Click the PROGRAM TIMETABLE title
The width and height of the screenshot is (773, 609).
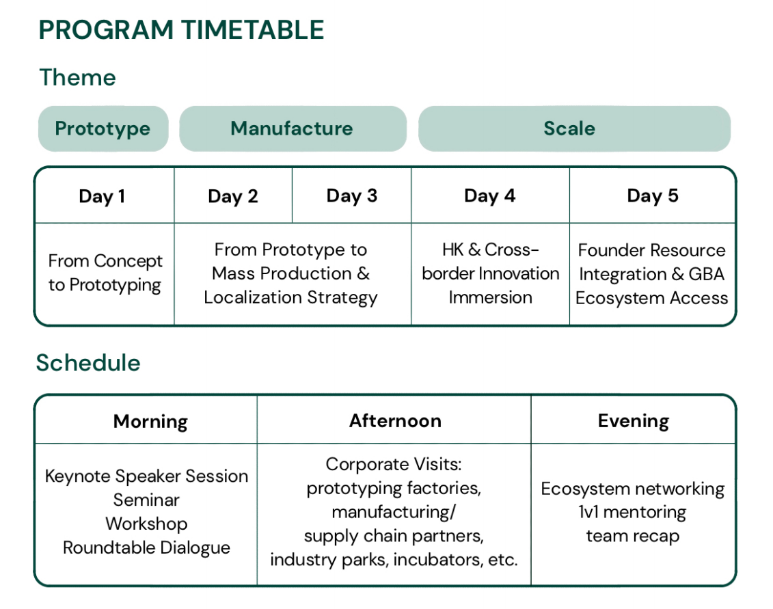(181, 29)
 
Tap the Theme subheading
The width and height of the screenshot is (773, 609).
(77, 77)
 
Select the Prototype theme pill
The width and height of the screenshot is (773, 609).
(103, 128)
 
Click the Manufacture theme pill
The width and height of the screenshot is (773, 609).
(293, 128)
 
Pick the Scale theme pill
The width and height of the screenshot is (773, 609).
(574, 128)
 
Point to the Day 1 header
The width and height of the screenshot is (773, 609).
(102, 196)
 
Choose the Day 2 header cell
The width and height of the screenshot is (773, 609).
(233, 196)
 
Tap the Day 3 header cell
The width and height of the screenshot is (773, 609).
(352, 195)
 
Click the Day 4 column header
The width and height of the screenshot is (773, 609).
(490, 195)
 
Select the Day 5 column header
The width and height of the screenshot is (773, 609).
(653, 195)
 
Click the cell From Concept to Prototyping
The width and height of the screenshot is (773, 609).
(105, 273)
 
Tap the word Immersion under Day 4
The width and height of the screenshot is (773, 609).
(491, 297)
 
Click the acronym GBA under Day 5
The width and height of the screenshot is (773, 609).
(707, 273)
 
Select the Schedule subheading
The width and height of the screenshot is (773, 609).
(88, 363)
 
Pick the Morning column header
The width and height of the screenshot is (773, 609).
(150, 422)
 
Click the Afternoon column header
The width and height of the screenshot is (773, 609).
(395, 420)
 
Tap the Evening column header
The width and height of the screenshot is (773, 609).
(634, 421)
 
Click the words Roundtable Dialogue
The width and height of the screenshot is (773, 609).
(146, 548)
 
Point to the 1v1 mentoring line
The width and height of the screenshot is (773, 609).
(632, 513)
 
